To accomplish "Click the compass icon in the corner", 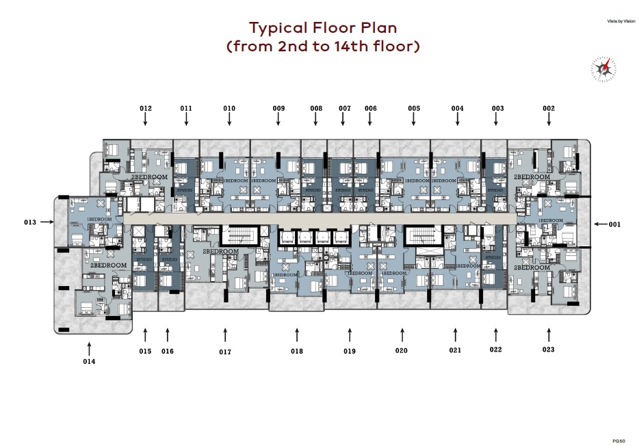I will coord(603,67).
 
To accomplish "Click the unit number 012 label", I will coord(145,108).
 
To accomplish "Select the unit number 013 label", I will coord(29,222).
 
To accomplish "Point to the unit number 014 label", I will coord(89,361).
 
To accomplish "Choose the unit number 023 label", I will coord(549,350).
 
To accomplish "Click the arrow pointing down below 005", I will coord(414,120).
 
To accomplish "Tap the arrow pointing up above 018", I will coord(297,334).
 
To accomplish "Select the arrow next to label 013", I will coord(47,222).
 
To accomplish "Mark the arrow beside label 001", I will coord(599,224).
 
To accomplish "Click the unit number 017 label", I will coord(225,352).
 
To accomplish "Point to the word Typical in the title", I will coord(279,28).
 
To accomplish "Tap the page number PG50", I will coord(619,441).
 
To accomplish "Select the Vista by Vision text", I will coord(621,21).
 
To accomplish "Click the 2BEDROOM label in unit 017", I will coord(220,251).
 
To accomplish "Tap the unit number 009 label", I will coord(278,108).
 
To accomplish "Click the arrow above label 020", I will coord(402,334).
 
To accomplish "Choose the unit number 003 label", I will coord(497,108).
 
